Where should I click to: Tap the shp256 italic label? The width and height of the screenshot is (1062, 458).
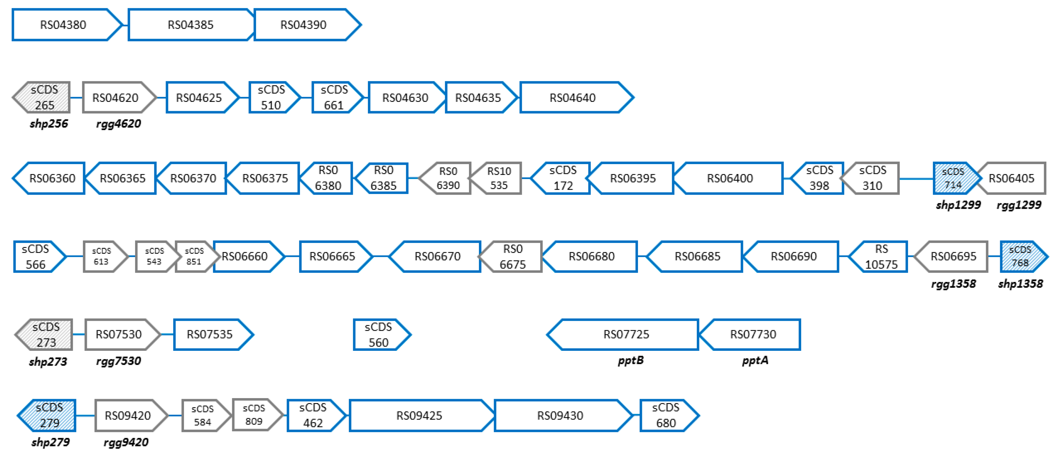pyautogui.click(x=49, y=123)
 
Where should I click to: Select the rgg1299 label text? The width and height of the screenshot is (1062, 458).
pyautogui.click(x=1019, y=205)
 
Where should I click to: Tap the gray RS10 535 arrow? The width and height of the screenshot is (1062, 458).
pyautogui.click(x=497, y=178)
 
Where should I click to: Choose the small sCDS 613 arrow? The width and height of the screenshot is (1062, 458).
pyautogui.click(x=103, y=256)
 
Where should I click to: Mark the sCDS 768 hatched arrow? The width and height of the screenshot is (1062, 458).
pyautogui.click(x=1022, y=256)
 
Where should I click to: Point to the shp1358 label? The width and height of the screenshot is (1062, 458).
pyautogui.click(x=1020, y=284)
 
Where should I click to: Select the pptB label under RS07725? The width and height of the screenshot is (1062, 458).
pyautogui.click(x=630, y=360)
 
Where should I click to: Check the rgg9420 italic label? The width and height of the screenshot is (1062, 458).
pyautogui.click(x=126, y=442)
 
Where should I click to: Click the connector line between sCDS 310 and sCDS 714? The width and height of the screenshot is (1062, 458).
pyautogui.click(x=916, y=179)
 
